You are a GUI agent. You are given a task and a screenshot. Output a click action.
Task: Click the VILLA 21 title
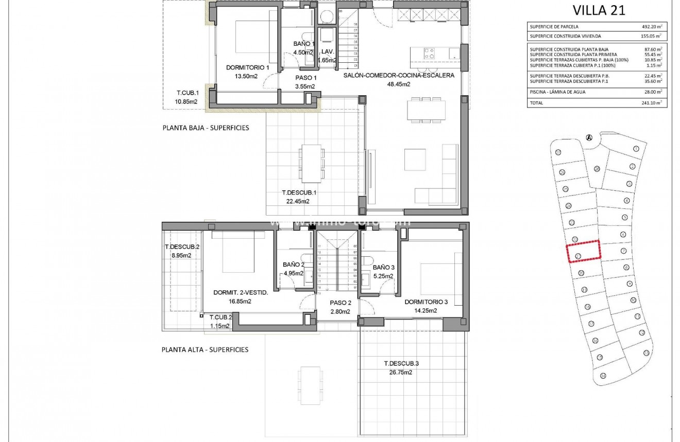(599, 10)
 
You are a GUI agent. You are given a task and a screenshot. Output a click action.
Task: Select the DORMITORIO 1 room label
(248, 67)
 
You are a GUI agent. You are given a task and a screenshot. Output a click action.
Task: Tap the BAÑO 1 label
(303, 44)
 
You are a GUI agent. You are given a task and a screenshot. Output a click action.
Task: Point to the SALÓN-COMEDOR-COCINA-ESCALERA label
(399, 76)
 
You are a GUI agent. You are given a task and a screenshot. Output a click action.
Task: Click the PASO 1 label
(305, 78)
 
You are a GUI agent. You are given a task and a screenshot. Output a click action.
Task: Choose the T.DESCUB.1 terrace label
(299, 193)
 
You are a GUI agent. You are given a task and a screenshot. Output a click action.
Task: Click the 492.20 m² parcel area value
(651, 26)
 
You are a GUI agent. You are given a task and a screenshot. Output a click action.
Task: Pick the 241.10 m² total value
(651, 103)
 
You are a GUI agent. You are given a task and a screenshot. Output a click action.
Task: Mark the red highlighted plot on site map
(584, 252)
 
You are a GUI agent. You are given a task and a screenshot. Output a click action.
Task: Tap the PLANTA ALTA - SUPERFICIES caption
(205, 349)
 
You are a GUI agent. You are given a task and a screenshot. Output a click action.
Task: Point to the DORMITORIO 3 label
(426, 302)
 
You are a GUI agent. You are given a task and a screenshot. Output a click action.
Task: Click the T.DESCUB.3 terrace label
(401, 364)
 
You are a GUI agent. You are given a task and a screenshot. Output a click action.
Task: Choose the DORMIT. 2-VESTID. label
(241, 293)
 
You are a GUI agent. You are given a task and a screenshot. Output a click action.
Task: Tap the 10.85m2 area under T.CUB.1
(186, 101)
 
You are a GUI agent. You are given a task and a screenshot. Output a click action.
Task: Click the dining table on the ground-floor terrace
(312, 164)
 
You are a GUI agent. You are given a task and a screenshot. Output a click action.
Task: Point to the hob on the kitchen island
(429, 53)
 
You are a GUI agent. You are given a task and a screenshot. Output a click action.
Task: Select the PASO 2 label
(341, 303)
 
